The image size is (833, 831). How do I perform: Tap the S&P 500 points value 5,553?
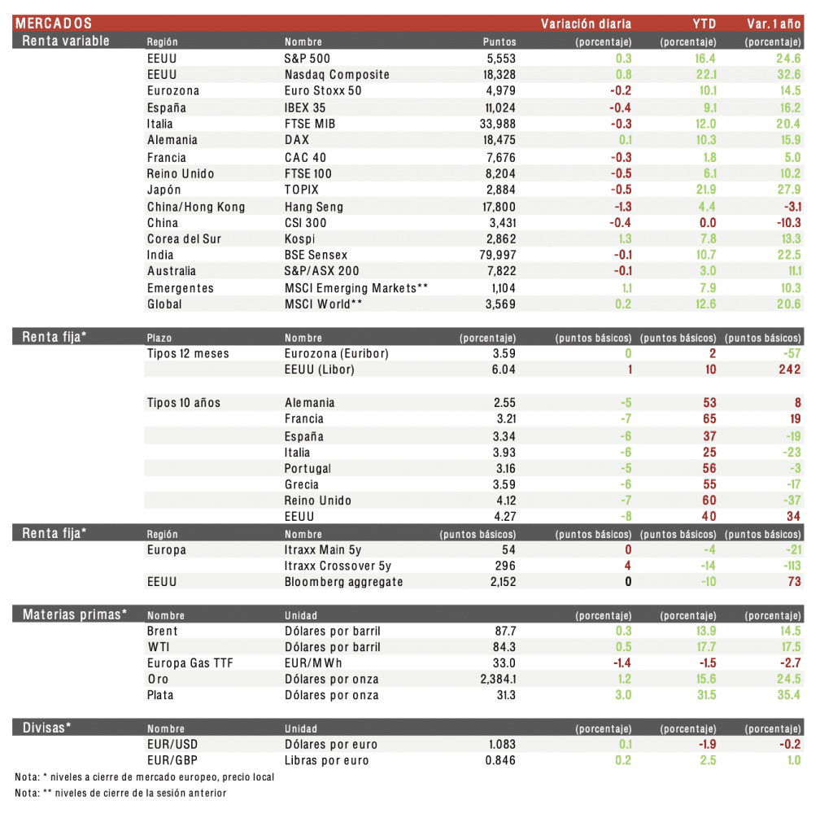[x=499, y=59]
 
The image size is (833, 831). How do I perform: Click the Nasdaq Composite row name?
[x=337, y=75]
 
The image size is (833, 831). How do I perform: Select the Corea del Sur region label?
[x=184, y=239]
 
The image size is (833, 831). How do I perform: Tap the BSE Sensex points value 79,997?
[x=498, y=256]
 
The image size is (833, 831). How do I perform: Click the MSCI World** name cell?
[x=323, y=304]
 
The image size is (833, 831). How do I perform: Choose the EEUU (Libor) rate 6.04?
[x=504, y=370]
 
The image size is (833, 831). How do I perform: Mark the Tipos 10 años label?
[x=183, y=403]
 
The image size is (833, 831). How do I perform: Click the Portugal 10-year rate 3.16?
[x=504, y=469]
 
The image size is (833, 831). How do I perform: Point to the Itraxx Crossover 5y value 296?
[x=505, y=566]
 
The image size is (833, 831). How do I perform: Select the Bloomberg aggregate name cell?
[x=343, y=582]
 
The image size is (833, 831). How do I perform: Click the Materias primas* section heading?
[x=75, y=615]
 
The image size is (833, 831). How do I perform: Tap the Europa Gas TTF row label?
[x=190, y=663]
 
